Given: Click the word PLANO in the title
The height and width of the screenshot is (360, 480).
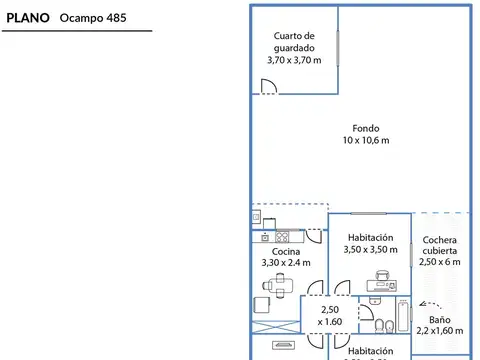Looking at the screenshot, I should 28,17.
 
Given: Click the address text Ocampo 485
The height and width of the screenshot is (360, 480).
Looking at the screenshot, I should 93,17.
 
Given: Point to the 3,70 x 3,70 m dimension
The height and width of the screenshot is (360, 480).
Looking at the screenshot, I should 294,60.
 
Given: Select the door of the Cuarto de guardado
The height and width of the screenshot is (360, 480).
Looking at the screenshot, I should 268,89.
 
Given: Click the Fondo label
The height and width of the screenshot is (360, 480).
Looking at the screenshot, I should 365,127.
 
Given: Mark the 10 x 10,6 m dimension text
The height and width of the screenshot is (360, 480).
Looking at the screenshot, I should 365,140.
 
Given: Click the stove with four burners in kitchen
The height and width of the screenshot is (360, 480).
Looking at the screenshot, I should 282,237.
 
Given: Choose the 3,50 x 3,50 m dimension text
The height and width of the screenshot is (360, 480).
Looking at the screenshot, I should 369,250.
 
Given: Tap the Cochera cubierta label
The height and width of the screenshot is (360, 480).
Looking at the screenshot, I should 440,245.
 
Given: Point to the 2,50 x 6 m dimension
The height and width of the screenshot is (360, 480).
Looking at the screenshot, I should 440,262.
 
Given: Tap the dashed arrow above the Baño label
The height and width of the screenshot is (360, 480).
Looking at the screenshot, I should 433,302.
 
